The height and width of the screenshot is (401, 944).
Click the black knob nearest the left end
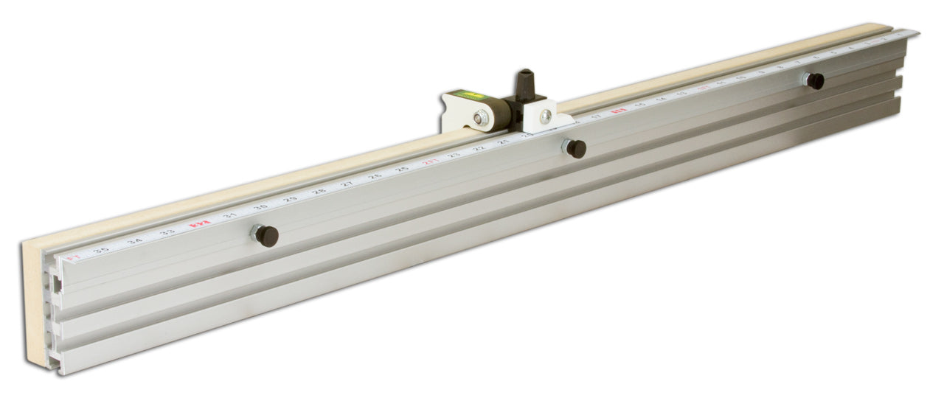pos(268,237)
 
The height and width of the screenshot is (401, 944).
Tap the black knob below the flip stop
pos(576,149)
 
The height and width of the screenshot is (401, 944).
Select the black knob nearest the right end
pos(815,81)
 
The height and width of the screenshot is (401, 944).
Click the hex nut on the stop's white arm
pos(482,116)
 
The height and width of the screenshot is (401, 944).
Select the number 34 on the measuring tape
pos(134,241)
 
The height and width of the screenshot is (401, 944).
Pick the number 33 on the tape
pos(167,232)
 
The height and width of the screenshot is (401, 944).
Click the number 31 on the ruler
pos(230,215)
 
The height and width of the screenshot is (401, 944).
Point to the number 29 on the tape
pos(291,200)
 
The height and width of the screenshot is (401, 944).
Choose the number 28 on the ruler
pos(319,192)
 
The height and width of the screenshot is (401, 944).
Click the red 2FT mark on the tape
pos(429,162)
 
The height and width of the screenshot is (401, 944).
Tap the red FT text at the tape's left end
pos(72,258)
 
